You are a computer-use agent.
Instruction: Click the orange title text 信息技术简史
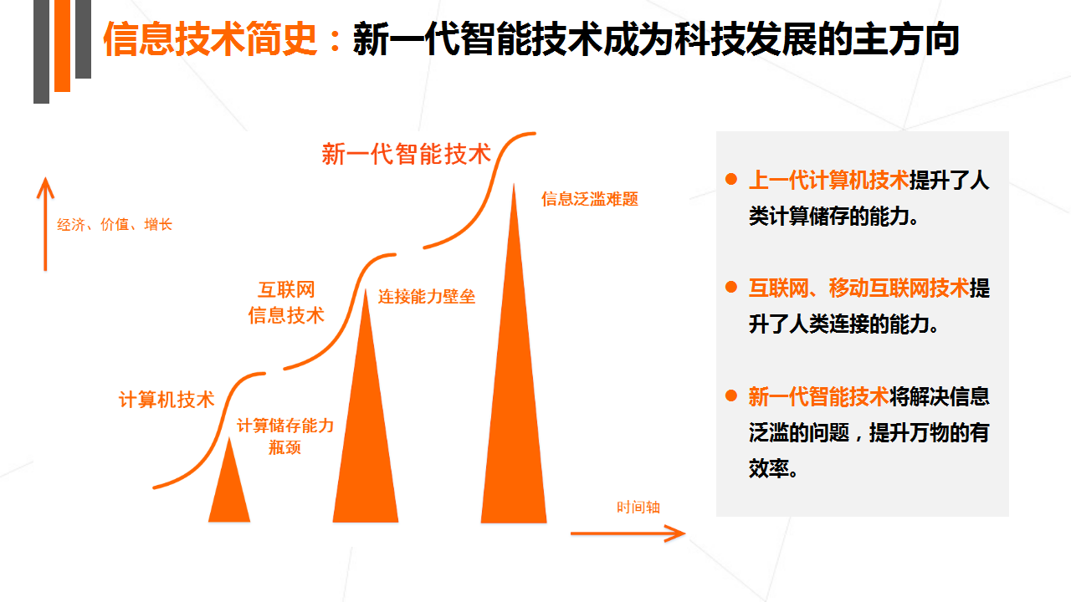[x=210, y=39]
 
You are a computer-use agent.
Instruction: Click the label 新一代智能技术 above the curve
[x=407, y=154]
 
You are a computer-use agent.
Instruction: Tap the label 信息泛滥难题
[x=590, y=199]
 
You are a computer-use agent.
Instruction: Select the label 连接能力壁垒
[x=427, y=297]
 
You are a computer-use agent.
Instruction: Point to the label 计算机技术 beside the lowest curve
[x=167, y=400]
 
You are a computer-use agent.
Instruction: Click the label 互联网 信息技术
[x=286, y=303]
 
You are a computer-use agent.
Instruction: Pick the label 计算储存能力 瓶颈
[x=285, y=436]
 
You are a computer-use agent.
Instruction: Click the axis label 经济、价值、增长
[x=115, y=224]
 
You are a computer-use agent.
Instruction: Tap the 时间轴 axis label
[x=638, y=507]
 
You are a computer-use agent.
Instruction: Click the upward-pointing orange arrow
[x=45, y=224]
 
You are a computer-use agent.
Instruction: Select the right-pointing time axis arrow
[x=628, y=533]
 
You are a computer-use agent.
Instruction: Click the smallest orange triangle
[x=229, y=480]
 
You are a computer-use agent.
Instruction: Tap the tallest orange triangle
[x=514, y=354]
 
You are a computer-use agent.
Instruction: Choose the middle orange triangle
[x=366, y=406]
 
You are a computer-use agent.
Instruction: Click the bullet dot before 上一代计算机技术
[x=730, y=179]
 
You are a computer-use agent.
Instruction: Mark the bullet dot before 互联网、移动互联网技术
[x=730, y=287]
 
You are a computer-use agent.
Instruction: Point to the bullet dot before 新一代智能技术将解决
[x=730, y=395]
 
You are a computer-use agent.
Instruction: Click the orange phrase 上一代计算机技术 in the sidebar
[x=828, y=180]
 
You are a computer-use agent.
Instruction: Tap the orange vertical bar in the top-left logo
[x=62, y=46]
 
